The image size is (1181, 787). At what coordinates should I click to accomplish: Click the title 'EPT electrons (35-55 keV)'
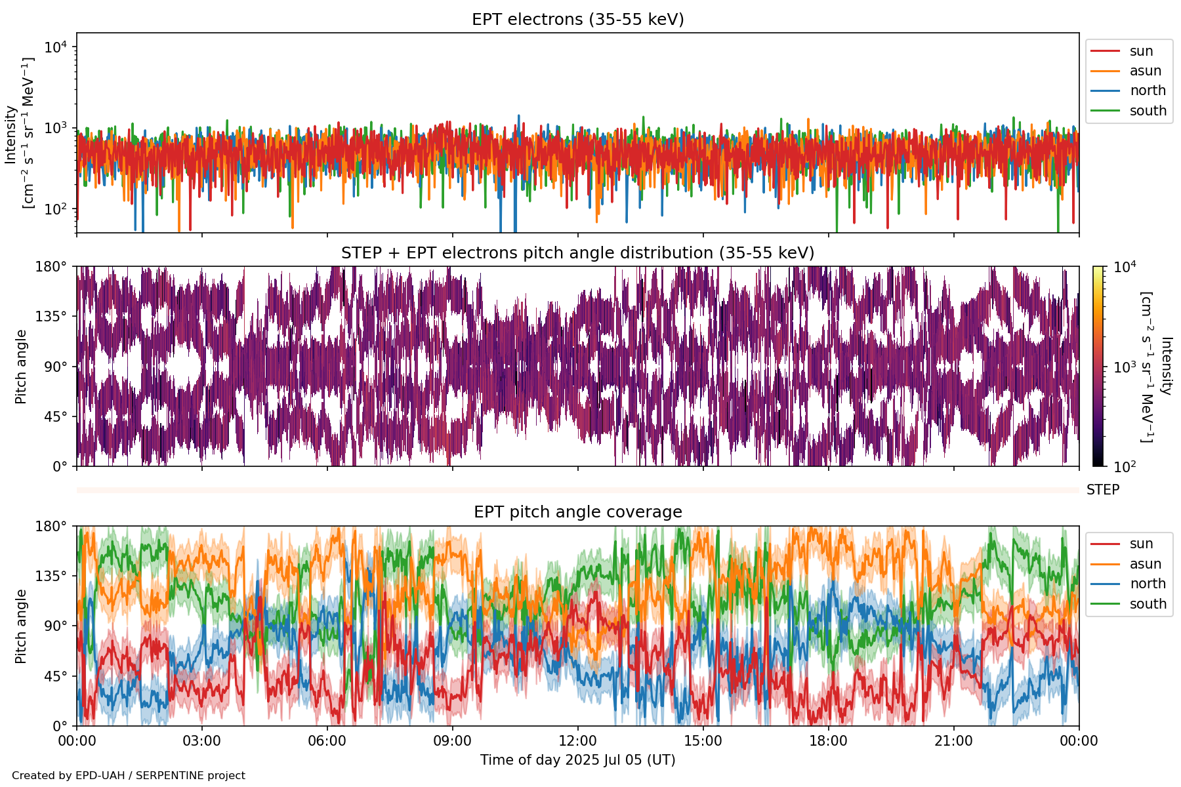click(x=577, y=20)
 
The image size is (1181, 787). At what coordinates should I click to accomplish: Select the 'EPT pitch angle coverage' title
click(x=577, y=512)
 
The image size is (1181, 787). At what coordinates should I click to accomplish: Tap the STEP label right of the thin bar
click(x=1102, y=490)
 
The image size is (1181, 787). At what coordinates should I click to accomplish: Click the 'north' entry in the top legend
click(x=1147, y=91)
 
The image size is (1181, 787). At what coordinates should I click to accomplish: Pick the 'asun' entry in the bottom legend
click(x=1145, y=564)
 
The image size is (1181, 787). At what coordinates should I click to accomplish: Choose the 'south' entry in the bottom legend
click(x=1148, y=604)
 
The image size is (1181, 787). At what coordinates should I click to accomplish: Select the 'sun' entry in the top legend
click(x=1141, y=51)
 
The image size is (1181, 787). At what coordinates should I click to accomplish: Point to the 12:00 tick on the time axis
click(x=577, y=741)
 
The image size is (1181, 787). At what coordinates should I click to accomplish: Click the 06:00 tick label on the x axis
click(x=327, y=741)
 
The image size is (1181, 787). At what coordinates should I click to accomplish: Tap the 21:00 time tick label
click(x=953, y=741)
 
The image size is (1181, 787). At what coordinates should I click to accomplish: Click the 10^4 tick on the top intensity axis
click(x=56, y=47)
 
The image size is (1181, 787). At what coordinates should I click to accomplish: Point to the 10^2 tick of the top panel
click(x=56, y=210)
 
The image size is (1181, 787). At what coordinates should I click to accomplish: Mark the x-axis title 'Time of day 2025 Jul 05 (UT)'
click(x=577, y=760)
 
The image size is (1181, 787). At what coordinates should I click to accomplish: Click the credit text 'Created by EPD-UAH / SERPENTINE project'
click(x=129, y=776)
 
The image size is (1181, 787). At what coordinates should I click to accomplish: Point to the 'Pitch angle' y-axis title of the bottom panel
click(x=21, y=626)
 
